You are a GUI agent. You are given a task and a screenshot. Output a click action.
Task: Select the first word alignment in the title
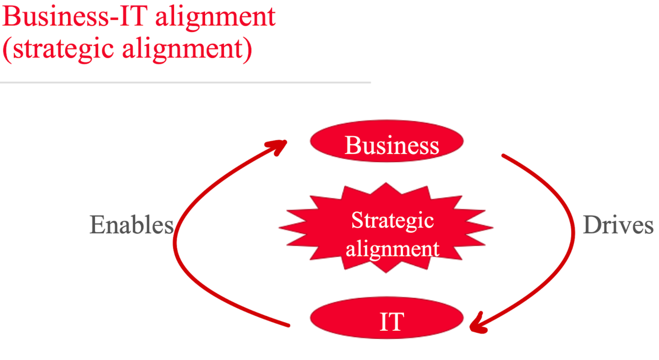[215, 17]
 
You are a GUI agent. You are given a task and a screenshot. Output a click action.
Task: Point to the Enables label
[131, 225]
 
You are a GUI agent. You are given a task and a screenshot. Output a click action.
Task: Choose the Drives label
[618, 225]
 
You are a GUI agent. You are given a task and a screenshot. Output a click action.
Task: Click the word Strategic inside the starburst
[392, 220]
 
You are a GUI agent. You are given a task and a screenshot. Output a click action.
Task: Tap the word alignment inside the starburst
[392, 248]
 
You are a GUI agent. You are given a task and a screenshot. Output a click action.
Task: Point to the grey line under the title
[185, 82]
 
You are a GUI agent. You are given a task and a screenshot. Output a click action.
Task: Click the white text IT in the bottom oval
[391, 321]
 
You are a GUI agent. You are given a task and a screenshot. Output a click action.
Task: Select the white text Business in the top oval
[392, 145]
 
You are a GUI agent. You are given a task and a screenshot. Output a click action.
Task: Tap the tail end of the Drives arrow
[504, 156]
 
